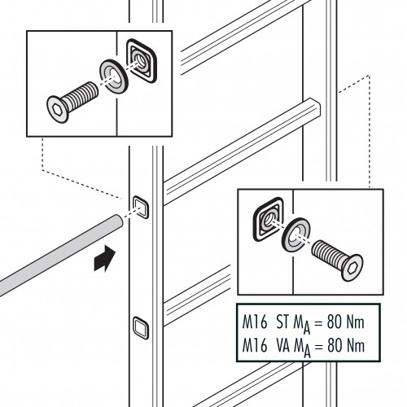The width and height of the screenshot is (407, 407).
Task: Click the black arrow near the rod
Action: [104, 259]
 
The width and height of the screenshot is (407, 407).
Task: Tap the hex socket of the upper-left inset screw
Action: [57, 110]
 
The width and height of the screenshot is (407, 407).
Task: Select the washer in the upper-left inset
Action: [114, 77]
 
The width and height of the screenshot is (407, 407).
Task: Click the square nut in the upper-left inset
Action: [141, 61]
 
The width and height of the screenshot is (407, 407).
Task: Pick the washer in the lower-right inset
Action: [296, 234]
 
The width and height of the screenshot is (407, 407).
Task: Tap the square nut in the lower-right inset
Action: [269, 219]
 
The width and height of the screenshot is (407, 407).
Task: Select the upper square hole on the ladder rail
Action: [141, 207]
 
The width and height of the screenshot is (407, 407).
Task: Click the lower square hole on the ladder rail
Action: [141, 328]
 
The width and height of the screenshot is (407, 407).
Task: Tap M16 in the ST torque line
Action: [255, 322]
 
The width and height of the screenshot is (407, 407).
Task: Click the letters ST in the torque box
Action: [282, 322]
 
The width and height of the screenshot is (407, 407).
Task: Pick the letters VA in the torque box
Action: [283, 346]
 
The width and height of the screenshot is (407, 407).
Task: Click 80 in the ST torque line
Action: [335, 322]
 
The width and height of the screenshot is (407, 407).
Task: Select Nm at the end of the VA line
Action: [355, 346]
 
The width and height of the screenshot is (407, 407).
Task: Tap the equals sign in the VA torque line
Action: [318, 347]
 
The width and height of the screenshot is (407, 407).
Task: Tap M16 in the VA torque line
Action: [255, 346]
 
